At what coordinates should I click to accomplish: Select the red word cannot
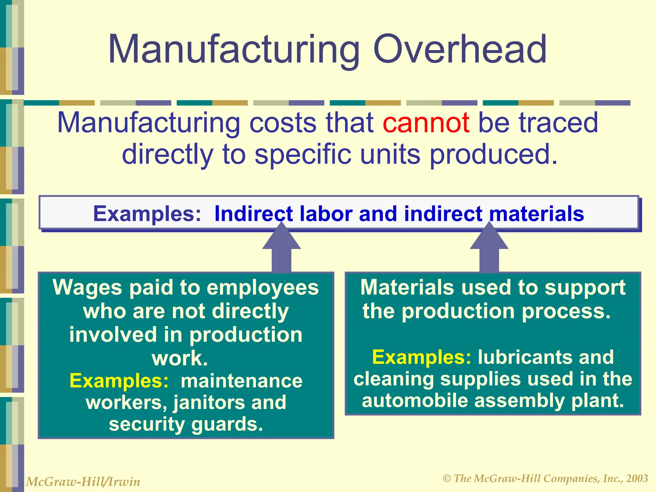[x=426, y=123]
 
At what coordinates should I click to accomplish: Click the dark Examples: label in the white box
[x=147, y=214]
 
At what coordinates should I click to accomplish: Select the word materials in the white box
[x=537, y=214]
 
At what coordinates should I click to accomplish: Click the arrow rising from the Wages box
[x=281, y=251]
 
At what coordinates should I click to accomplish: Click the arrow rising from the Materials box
[x=489, y=251]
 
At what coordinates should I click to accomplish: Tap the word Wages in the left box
[x=87, y=287]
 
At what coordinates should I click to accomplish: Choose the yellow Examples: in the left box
[x=119, y=381]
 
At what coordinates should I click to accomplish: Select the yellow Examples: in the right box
[x=422, y=357]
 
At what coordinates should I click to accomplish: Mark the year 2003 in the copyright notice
[x=637, y=479]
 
